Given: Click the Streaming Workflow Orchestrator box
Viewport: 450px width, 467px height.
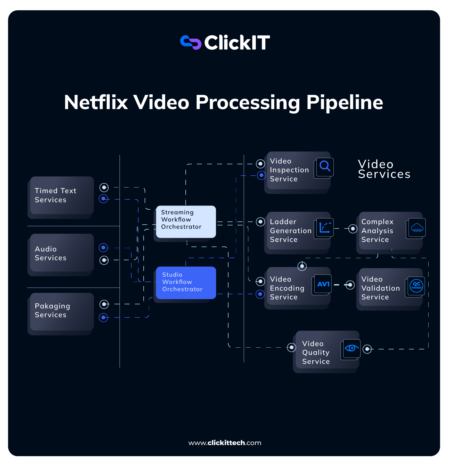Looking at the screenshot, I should [x=186, y=222].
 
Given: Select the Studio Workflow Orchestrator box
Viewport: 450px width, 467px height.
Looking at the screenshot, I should [x=186, y=283].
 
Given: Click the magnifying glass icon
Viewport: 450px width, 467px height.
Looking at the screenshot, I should [x=325, y=167].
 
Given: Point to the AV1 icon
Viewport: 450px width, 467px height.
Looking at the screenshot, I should [x=323, y=284].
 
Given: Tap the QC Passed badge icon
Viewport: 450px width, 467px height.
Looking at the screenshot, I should [x=416, y=286].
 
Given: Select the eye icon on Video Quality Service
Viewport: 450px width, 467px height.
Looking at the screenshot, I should [x=351, y=348].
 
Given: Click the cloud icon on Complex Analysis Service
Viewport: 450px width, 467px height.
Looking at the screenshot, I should [x=417, y=228].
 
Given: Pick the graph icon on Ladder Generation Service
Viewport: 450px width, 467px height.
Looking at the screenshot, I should [x=325, y=227].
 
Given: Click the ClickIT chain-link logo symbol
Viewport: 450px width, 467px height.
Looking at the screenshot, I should [x=191, y=43].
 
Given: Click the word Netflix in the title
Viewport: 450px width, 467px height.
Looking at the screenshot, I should [x=96, y=102].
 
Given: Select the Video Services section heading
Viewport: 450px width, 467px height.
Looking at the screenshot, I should [x=384, y=169].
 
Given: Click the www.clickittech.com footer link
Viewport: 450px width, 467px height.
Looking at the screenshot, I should [x=225, y=443].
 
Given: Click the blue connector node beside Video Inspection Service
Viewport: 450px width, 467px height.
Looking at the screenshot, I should [x=261, y=175].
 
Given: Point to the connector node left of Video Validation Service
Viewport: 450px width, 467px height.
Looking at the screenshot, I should [x=350, y=285].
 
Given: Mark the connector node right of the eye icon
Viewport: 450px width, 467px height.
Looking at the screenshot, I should [x=367, y=349].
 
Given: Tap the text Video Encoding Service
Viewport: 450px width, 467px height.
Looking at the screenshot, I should [x=287, y=288].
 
